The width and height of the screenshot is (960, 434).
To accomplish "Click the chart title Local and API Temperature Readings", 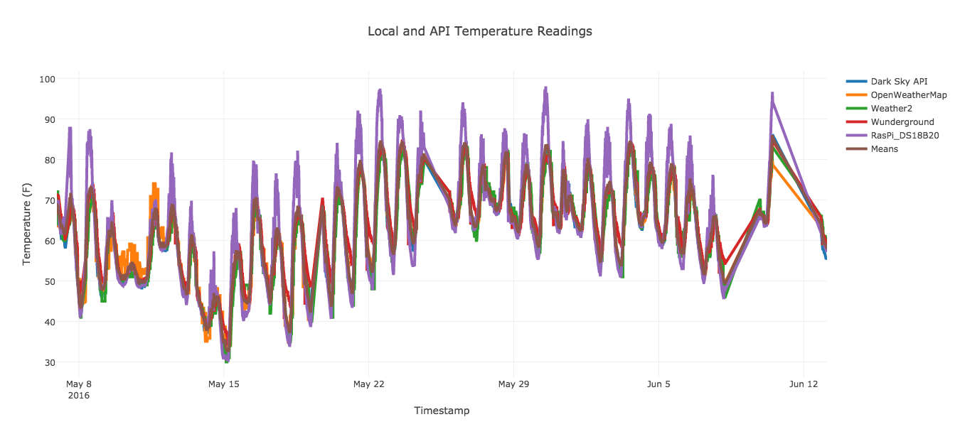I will (x=479, y=31).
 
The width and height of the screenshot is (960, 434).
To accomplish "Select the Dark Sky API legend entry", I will (x=899, y=81).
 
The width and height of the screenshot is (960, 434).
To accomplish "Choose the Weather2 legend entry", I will (x=890, y=108).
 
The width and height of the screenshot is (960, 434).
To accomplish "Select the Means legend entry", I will (x=884, y=148).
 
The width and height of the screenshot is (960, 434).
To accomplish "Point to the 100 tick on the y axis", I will (x=47, y=79).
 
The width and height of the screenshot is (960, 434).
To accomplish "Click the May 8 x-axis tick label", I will (x=79, y=384).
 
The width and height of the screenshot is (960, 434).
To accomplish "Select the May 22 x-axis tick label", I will (x=368, y=384).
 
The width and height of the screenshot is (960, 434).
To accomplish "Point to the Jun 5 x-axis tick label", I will (x=658, y=384).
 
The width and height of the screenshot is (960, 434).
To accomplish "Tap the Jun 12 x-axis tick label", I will (x=804, y=384).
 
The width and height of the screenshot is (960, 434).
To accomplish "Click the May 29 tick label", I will (x=513, y=384).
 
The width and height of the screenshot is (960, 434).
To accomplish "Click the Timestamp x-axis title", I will (x=442, y=411).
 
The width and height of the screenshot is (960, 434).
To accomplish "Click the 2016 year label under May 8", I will (x=78, y=395).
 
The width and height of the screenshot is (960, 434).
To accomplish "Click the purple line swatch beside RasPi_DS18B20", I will (x=856, y=135).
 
